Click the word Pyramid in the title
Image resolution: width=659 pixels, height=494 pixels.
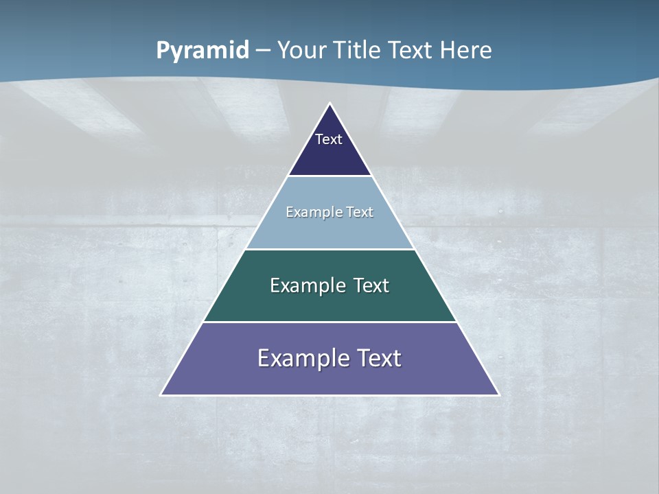pos(203,51)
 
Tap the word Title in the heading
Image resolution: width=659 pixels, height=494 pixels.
pos(357,50)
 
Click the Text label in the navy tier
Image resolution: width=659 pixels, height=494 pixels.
pos(329,139)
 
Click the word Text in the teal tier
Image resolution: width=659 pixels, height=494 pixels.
pos(371,285)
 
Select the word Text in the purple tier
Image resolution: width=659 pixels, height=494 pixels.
pos(379,358)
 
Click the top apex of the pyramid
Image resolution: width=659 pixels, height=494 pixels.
pos(329,104)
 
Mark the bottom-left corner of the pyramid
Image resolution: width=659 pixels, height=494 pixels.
pos(161,395)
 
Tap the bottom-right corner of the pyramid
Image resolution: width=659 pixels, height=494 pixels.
pos(498,395)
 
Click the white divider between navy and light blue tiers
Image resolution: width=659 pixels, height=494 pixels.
pos(329,176)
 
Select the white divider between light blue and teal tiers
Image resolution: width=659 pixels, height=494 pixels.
pos(329,249)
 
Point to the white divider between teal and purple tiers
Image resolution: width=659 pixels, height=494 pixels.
pos(329,322)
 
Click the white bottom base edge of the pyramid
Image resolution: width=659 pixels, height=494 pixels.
pos(329,395)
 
